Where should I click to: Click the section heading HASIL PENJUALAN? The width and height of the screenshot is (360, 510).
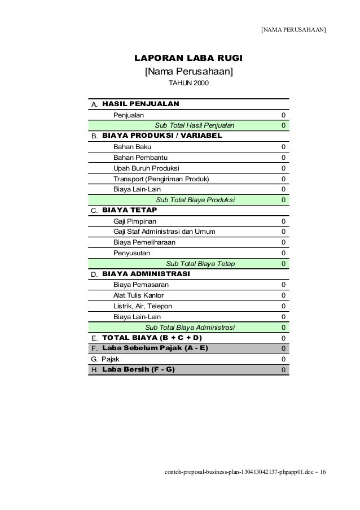pyautogui.click(x=141, y=104)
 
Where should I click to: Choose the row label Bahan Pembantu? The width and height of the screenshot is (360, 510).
pyautogui.click(x=136, y=158)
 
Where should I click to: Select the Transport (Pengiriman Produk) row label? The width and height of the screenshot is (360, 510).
pyautogui.click(x=161, y=179)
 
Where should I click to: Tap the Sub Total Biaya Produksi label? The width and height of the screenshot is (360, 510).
pyautogui.click(x=195, y=200)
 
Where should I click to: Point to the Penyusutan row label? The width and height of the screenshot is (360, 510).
pyautogui.click(x=131, y=253)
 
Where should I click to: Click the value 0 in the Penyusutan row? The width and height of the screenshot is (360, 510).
pyautogui.click(x=283, y=253)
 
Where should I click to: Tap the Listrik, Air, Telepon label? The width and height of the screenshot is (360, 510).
pyautogui.click(x=143, y=306)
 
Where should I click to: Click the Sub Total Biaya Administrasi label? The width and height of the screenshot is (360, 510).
pyautogui.click(x=190, y=327)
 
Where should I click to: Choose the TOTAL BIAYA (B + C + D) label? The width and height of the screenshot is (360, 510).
pyautogui.click(x=152, y=338)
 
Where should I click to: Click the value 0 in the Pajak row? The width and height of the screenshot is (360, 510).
pyautogui.click(x=283, y=359)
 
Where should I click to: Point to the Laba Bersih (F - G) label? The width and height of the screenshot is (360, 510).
pyautogui.click(x=138, y=369)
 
